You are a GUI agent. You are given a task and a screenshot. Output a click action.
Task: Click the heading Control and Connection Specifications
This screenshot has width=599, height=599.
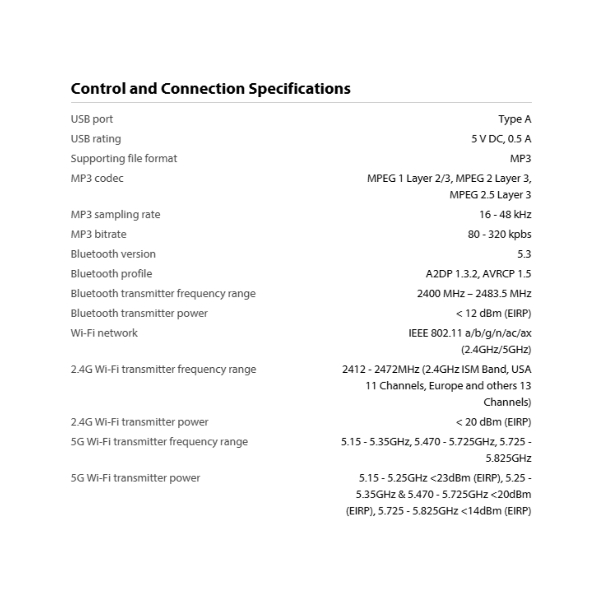211,89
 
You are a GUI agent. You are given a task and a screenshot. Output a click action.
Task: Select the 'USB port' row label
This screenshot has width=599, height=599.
92,119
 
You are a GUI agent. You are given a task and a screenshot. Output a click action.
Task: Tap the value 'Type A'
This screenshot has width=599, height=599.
515,119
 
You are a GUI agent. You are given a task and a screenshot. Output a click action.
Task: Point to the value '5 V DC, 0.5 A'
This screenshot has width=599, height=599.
501,139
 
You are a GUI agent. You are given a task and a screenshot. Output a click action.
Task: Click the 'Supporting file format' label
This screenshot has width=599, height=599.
124,159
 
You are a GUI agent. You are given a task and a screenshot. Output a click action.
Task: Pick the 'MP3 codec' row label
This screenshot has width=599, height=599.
97,178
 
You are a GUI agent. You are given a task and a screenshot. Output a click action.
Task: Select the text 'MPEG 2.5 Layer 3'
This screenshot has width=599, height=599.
490,195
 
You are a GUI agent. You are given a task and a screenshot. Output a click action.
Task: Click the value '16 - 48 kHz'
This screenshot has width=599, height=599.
505,215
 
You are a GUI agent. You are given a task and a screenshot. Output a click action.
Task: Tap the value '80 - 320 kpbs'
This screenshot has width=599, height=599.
500,234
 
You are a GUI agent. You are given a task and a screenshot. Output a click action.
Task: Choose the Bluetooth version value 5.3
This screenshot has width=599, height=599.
524,254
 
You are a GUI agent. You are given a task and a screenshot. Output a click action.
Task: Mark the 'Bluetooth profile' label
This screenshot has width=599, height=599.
111,274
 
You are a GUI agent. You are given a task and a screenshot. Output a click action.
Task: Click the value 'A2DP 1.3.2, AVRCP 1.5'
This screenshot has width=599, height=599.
478,274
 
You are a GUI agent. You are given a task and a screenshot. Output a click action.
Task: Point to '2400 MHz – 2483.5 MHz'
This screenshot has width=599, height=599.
474,294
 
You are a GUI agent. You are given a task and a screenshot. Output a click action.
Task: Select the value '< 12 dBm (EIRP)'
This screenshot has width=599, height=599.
493,314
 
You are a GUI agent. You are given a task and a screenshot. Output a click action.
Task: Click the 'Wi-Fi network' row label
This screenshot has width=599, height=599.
104,333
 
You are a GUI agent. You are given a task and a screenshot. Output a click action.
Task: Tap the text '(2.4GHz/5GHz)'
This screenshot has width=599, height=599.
496,350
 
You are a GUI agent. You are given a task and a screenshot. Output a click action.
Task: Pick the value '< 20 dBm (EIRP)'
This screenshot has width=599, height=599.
493,422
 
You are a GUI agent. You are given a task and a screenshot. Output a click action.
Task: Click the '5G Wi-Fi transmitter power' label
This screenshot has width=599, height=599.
135,478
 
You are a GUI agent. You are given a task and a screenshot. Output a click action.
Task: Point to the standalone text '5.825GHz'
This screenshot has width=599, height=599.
508,458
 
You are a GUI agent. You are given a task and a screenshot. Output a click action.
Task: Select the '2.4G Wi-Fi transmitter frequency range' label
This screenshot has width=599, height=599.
163,369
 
